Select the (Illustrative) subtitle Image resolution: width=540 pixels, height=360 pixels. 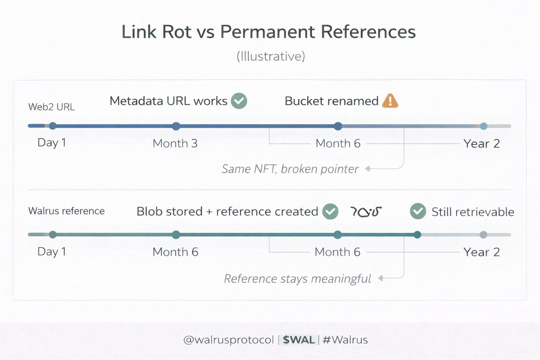(271, 56)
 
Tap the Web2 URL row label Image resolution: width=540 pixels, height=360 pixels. (52, 107)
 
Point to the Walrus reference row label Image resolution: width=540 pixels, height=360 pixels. (66, 211)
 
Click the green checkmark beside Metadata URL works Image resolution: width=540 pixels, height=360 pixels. (239, 101)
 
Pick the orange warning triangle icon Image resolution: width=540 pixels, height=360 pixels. (390, 101)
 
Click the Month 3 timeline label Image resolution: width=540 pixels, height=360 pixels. (175, 143)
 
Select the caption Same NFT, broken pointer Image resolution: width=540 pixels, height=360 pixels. (290, 169)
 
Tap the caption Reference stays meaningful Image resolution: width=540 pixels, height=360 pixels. (297, 279)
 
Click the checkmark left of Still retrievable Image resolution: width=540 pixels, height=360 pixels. (418, 211)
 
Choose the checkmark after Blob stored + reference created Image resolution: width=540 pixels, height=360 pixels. (330, 211)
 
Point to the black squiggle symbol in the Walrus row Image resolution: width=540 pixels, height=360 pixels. (366, 212)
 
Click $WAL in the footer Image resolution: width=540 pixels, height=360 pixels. (299, 340)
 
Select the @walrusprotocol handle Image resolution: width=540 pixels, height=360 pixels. (229, 340)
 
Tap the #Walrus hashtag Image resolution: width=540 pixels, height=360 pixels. (345, 340)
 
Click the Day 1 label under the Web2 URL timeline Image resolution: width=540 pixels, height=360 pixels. (52, 143)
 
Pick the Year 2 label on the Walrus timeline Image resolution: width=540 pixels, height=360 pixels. (481, 252)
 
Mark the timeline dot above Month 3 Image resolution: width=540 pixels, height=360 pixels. (176, 126)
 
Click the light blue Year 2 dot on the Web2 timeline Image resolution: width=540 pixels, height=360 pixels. (484, 126)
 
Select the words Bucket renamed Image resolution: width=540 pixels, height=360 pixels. (332, 101)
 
